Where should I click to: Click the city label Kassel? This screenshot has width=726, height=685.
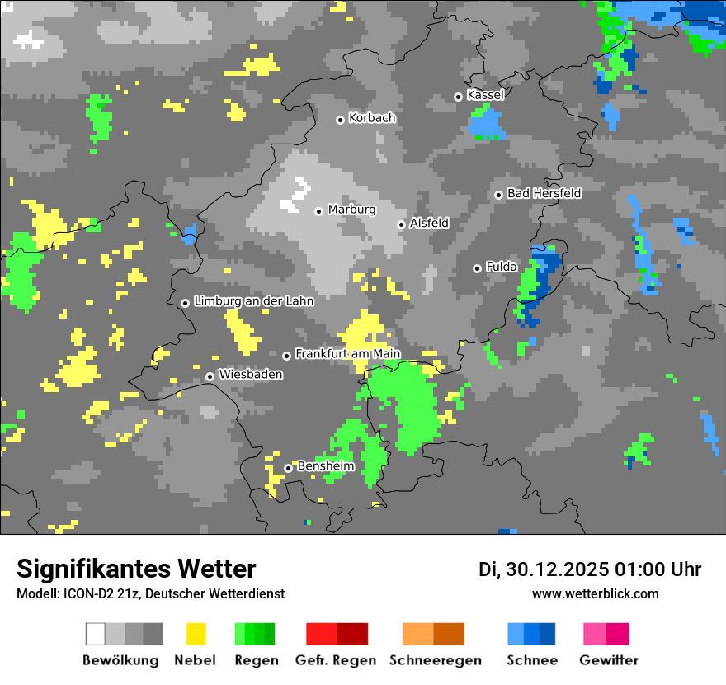(x=485, y=95)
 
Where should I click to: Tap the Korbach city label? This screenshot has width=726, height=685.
(x=372, y=118)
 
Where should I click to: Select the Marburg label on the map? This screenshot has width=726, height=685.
(x=351, y=210)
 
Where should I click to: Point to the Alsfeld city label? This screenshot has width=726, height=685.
(x=429, y=223)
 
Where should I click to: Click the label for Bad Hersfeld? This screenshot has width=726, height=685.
(x=544, y=193)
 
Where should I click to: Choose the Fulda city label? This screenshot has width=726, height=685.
(x=502, y=267)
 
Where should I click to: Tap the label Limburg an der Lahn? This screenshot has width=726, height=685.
(x=254, y=301)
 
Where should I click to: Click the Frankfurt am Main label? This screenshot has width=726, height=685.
(x=347, y=354)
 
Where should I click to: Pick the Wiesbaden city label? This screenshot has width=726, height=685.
(x=251, y=375)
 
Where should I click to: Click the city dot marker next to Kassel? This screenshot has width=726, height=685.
(x=458, y=97)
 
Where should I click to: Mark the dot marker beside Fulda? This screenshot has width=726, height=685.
(x=477, y=268)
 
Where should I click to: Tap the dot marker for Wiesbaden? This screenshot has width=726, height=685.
(x=210, y=376)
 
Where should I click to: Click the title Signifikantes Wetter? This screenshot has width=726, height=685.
(x=136, y=569)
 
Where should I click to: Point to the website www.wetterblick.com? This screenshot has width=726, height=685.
(x=595, y=593)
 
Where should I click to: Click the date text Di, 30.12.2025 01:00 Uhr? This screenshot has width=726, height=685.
(x=590, y=569)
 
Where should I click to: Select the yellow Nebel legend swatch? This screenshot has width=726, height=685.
(x=196, y=634)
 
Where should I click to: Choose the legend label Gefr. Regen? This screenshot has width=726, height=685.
(x=336, y=660)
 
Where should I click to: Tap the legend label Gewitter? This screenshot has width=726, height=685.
(x=609, y=660)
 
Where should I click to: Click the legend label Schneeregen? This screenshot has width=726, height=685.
(x=436, y=660)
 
